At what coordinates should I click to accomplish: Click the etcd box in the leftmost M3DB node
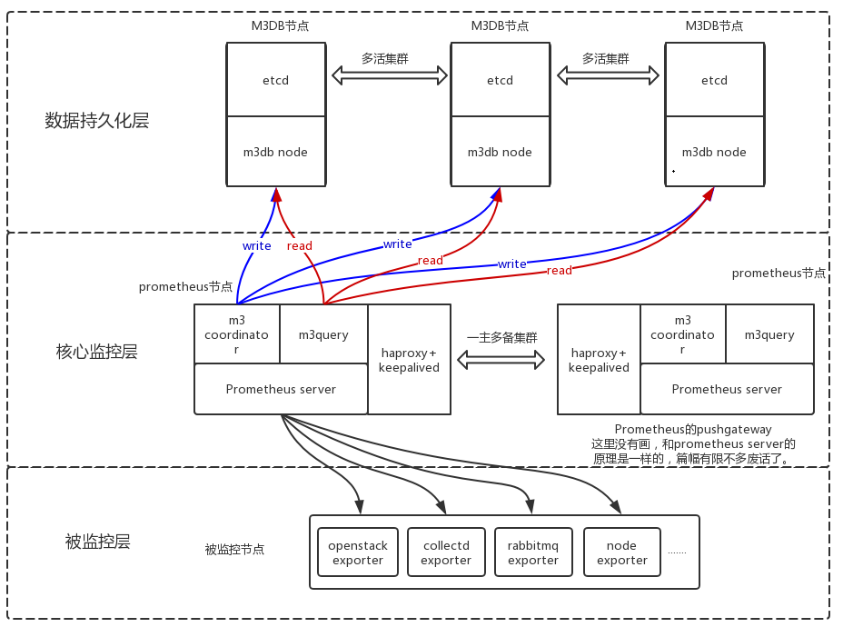pos(276,80)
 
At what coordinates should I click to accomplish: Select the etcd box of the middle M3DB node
pos(500,80)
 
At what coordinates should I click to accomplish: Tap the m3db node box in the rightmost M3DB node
pos(714,152)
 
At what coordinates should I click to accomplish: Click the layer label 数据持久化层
pos(96,120)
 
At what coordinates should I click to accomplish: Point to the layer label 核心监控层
pos(96,352)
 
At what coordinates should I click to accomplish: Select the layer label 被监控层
pos(97,542)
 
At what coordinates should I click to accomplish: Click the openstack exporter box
pos(358,552)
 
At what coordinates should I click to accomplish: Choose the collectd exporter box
pos(445,552)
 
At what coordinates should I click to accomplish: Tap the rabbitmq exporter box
pos(533,552)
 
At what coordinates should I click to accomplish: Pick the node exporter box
pos(621,552)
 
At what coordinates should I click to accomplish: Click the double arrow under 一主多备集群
pos(501,360)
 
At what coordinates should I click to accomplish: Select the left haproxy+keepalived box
pos(409,360)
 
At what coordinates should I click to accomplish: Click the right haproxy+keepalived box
pos(599,360)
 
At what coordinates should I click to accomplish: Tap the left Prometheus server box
pos(281,389)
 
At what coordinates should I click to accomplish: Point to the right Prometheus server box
pos(727,389)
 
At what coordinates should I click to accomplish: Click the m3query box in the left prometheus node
pos(323,334)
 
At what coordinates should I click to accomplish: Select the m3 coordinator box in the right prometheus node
pos(682,334)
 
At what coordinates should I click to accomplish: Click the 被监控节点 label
pos(234,550)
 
